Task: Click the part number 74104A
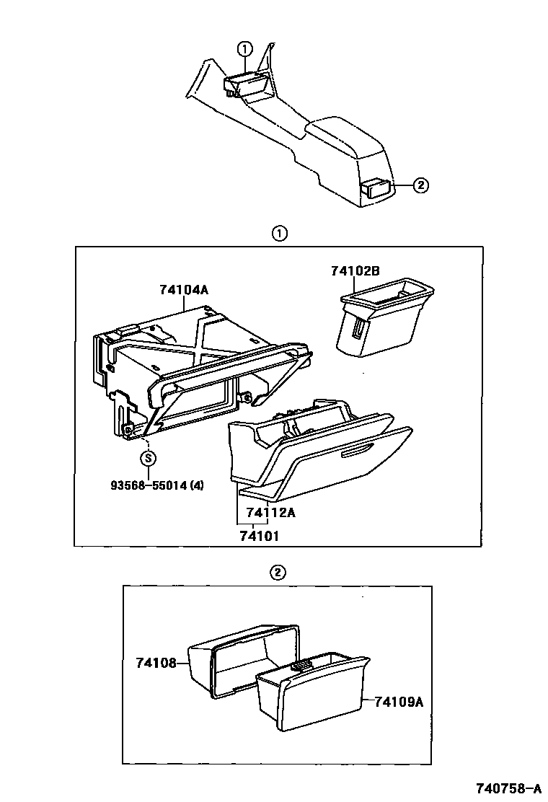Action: [185, 290]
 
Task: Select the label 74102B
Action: [355, 271]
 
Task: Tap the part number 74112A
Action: [271, 514]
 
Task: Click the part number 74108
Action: [156, 662]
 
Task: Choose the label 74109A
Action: [399, 700]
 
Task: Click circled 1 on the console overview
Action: [244, 48]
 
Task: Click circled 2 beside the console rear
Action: [420, 185]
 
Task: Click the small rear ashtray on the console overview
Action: [378, 188]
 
